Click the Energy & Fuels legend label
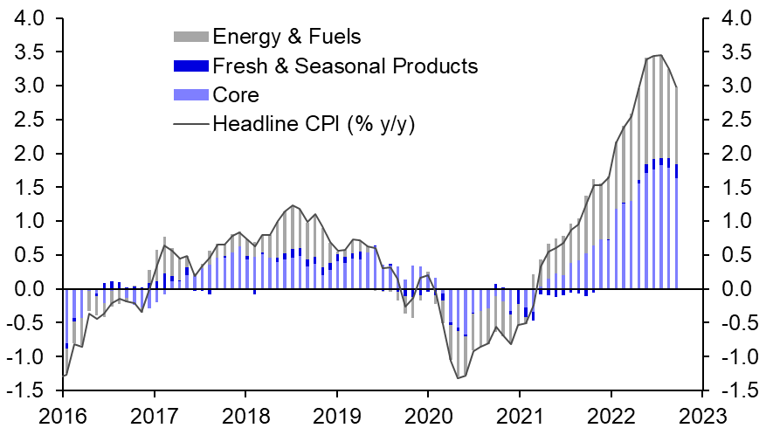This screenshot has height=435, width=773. [286, 37]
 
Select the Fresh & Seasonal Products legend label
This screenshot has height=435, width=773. [345, 66]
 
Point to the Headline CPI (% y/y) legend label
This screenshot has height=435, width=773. [314, 123]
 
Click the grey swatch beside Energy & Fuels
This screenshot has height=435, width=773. [191, 37]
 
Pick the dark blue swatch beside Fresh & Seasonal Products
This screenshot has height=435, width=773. [191, 66]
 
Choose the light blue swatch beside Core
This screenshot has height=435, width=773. [191, 94]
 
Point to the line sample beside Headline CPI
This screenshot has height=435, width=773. [191, 123]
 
